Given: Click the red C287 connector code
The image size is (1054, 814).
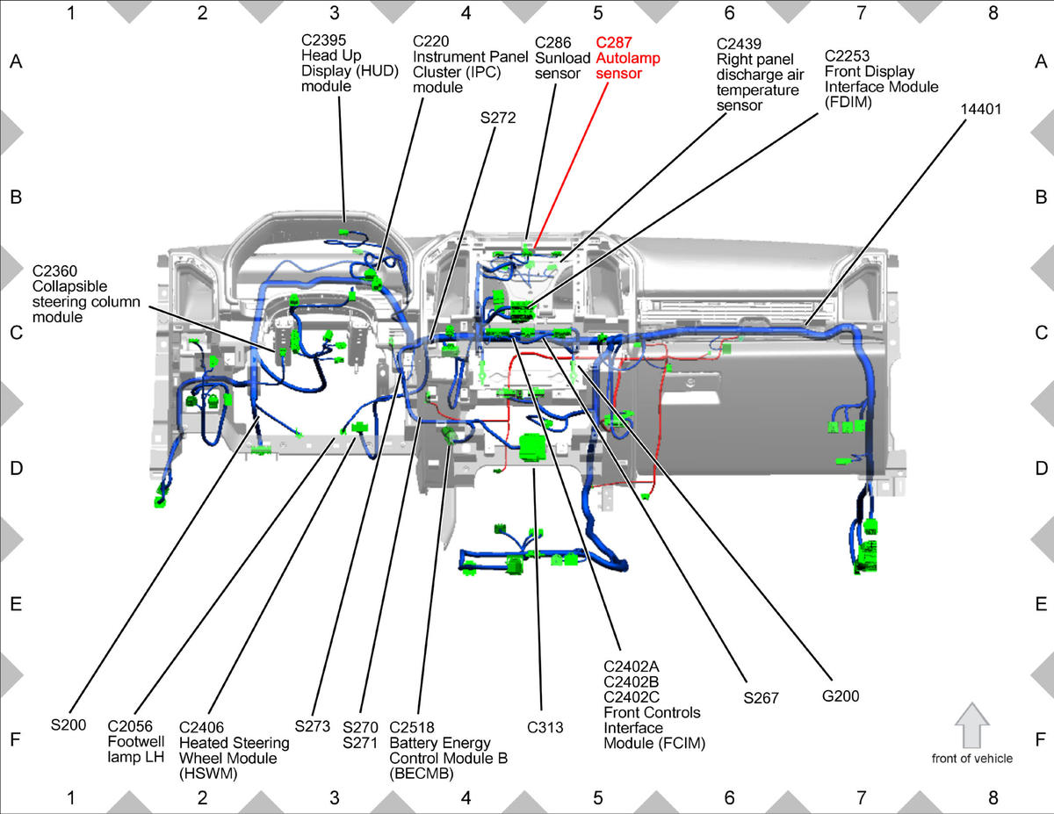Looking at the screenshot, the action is point(614,43).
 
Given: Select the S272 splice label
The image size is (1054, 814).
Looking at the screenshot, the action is point(498,118).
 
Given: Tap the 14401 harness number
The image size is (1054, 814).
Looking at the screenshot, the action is point(981,109).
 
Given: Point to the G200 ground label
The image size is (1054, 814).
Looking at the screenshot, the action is point(841,696).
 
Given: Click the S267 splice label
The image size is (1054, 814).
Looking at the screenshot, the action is point(761,698).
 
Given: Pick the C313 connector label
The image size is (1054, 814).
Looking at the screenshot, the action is point(545,727).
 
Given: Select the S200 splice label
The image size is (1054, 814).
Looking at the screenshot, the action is point(69,724).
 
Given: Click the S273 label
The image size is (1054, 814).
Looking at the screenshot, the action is point(312,726).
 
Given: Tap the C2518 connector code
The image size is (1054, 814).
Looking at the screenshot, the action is point(412,727).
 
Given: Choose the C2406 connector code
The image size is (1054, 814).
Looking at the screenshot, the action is point(201,727).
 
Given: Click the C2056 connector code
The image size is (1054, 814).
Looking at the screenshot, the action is point(130,726).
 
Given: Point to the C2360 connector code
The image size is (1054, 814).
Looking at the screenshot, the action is point(54,270).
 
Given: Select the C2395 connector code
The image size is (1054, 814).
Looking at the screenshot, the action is point(323,40).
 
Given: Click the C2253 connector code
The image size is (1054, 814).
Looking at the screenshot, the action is point(847,55).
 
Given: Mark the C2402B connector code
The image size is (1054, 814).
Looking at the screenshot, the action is point(631,681).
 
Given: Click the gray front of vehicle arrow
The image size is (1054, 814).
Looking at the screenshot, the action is point(972,725).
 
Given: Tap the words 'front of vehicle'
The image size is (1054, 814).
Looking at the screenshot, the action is point(972,759).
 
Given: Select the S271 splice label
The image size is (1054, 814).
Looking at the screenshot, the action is point(360,743).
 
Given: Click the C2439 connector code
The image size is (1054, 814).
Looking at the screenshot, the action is point(739,44).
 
